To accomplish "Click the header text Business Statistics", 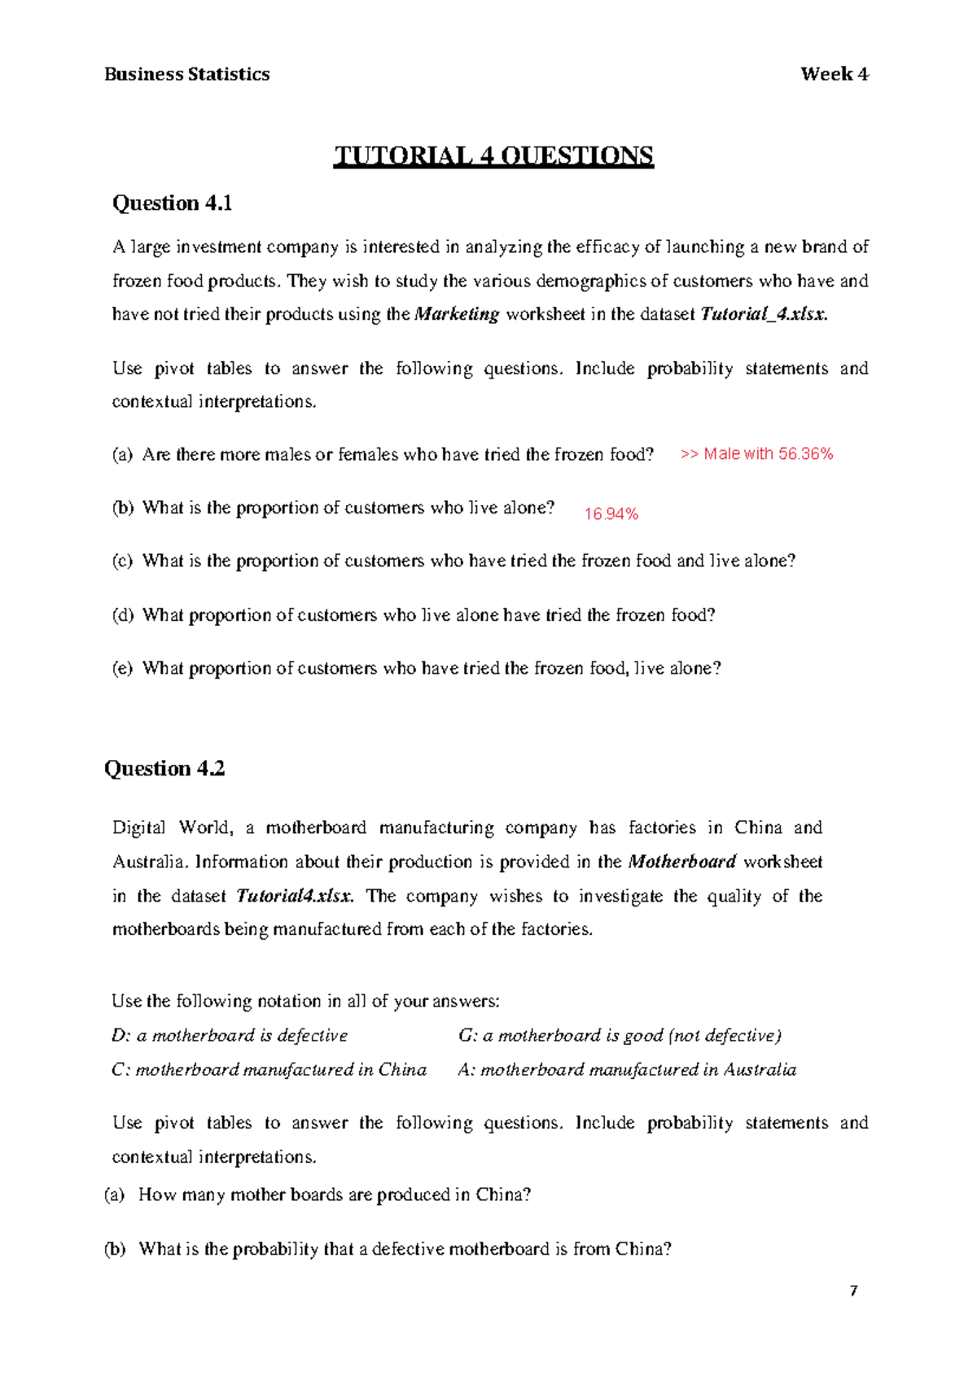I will [186, 74].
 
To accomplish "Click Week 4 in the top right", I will [834, 74].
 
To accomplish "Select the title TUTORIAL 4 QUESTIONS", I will [493, 155].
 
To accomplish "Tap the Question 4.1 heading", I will [172, 203].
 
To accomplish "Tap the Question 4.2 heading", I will [164, 768].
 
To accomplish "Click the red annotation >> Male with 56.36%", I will [756, 454].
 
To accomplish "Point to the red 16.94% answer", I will [611, 513].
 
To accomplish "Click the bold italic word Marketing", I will [457, 314].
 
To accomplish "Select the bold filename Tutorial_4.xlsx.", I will [764, 314].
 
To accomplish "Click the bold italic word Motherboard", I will [682, 862].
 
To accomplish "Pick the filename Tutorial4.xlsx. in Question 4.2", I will [295, 896].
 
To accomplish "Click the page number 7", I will [853, 1291].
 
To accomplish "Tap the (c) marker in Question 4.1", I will [122, 561].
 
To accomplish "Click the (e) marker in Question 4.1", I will [122, 669].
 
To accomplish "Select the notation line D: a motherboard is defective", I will [230, 1035].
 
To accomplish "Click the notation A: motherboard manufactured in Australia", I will [627, 1069].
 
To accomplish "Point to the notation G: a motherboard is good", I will [619, 1035].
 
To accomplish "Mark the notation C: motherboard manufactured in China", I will [269, 1069].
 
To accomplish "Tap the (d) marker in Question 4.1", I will [122, 615].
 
